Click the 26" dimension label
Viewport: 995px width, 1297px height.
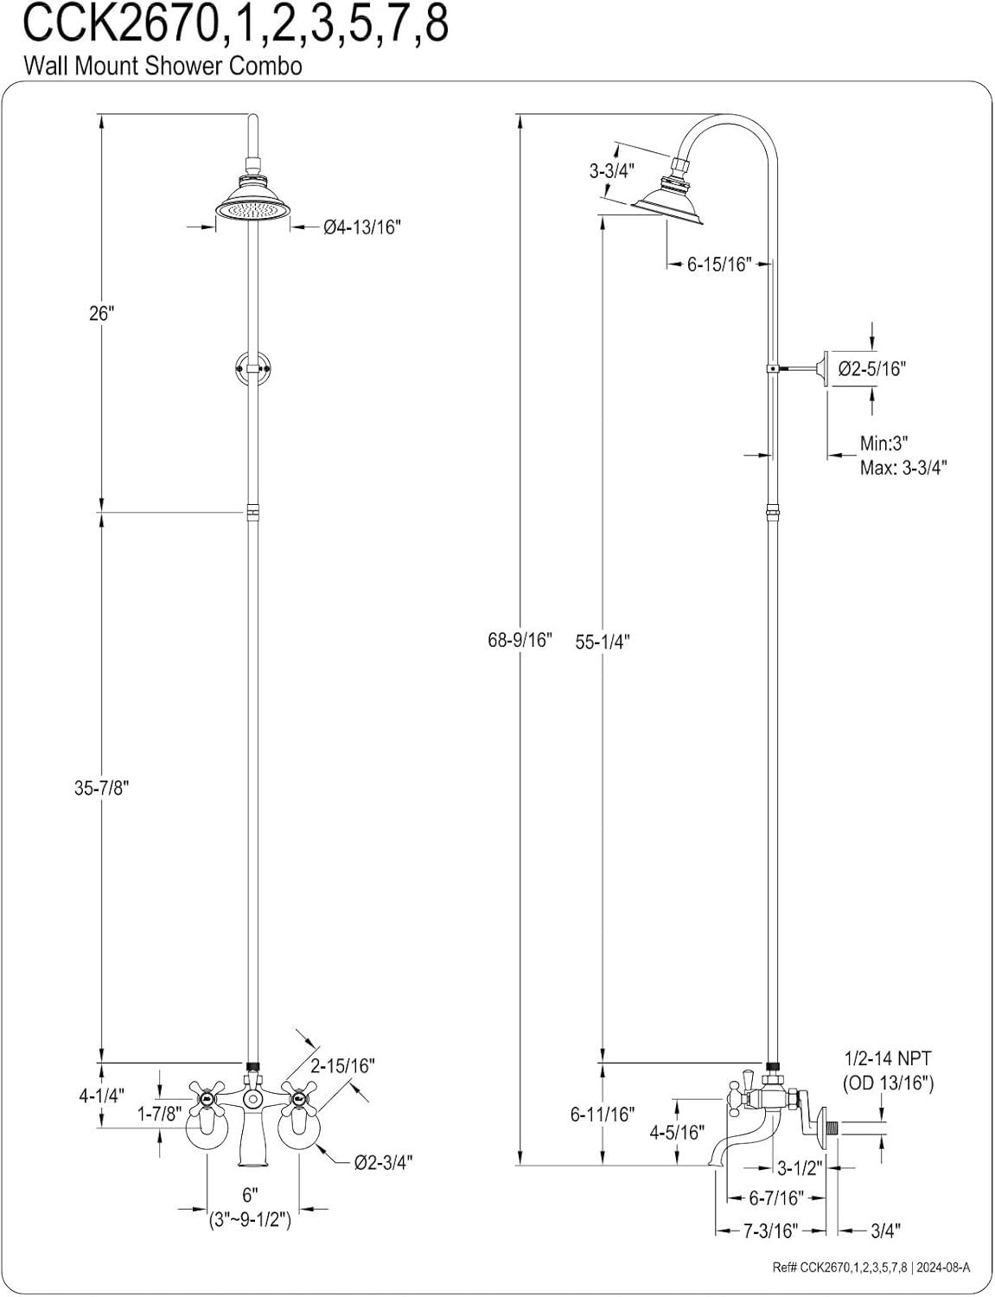(x=101, y=314)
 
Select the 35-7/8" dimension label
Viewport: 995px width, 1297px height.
(x=101, y=789)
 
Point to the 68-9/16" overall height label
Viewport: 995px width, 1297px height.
(x=520, y=642)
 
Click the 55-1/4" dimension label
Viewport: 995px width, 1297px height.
(x=603, y=642)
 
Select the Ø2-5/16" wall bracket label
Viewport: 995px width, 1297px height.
(x=871, y=369)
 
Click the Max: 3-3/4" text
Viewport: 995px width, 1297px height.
(x=903, y=469)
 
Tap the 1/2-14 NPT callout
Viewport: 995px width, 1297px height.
(x=888, y=1058)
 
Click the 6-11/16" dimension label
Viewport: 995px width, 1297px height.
(x=603, y=1115)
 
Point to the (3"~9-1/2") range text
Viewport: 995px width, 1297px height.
(x=250, y=1221)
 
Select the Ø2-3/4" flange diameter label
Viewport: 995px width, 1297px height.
(x=383, y=1163)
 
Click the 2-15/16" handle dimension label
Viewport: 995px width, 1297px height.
(x=343, y=1066)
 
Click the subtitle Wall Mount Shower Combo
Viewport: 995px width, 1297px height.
(x=163, y=66)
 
